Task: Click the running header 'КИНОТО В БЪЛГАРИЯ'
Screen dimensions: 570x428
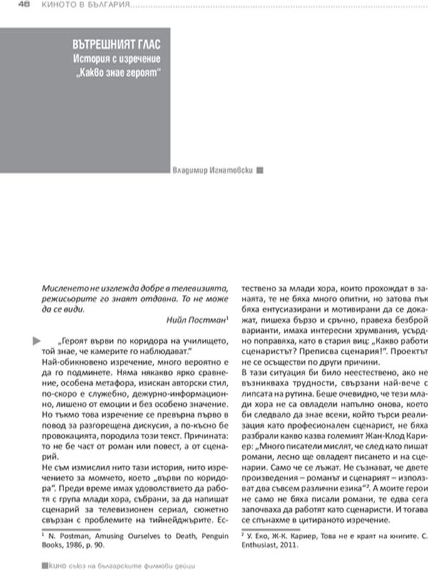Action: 86,5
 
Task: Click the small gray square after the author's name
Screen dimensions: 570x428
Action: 260,170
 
